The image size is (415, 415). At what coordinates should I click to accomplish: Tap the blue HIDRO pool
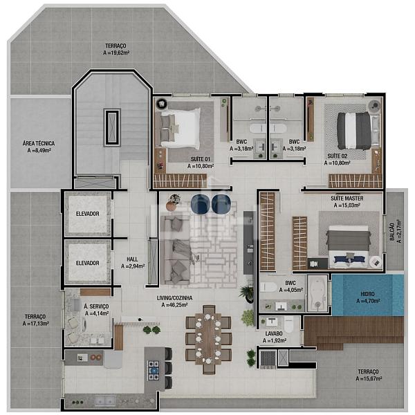[368, 295]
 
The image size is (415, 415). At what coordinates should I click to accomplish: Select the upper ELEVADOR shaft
[88, 214]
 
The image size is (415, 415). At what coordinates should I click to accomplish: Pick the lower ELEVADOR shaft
[88, 263]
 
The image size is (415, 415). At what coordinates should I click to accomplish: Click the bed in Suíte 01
[181, 129]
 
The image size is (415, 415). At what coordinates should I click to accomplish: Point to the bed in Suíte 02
[354, 131]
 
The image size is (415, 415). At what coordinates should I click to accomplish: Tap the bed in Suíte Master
[348, 245]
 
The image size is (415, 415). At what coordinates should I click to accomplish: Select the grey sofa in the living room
[175, 250]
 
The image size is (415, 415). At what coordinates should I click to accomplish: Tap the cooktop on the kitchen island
[154, 371]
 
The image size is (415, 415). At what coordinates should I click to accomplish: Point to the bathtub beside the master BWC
[317, 293]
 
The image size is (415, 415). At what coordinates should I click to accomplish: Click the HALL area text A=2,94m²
[133, 266]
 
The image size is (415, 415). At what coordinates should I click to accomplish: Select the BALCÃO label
[392, 232]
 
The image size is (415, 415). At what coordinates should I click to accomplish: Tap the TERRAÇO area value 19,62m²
[116, 53]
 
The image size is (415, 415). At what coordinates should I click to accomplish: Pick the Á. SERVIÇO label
[96, 306]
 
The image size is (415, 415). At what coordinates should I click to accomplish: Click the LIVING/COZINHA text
[175, 298]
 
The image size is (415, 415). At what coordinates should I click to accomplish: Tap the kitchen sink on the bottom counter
[105, 400]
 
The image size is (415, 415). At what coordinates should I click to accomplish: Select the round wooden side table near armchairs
[172, 205]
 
